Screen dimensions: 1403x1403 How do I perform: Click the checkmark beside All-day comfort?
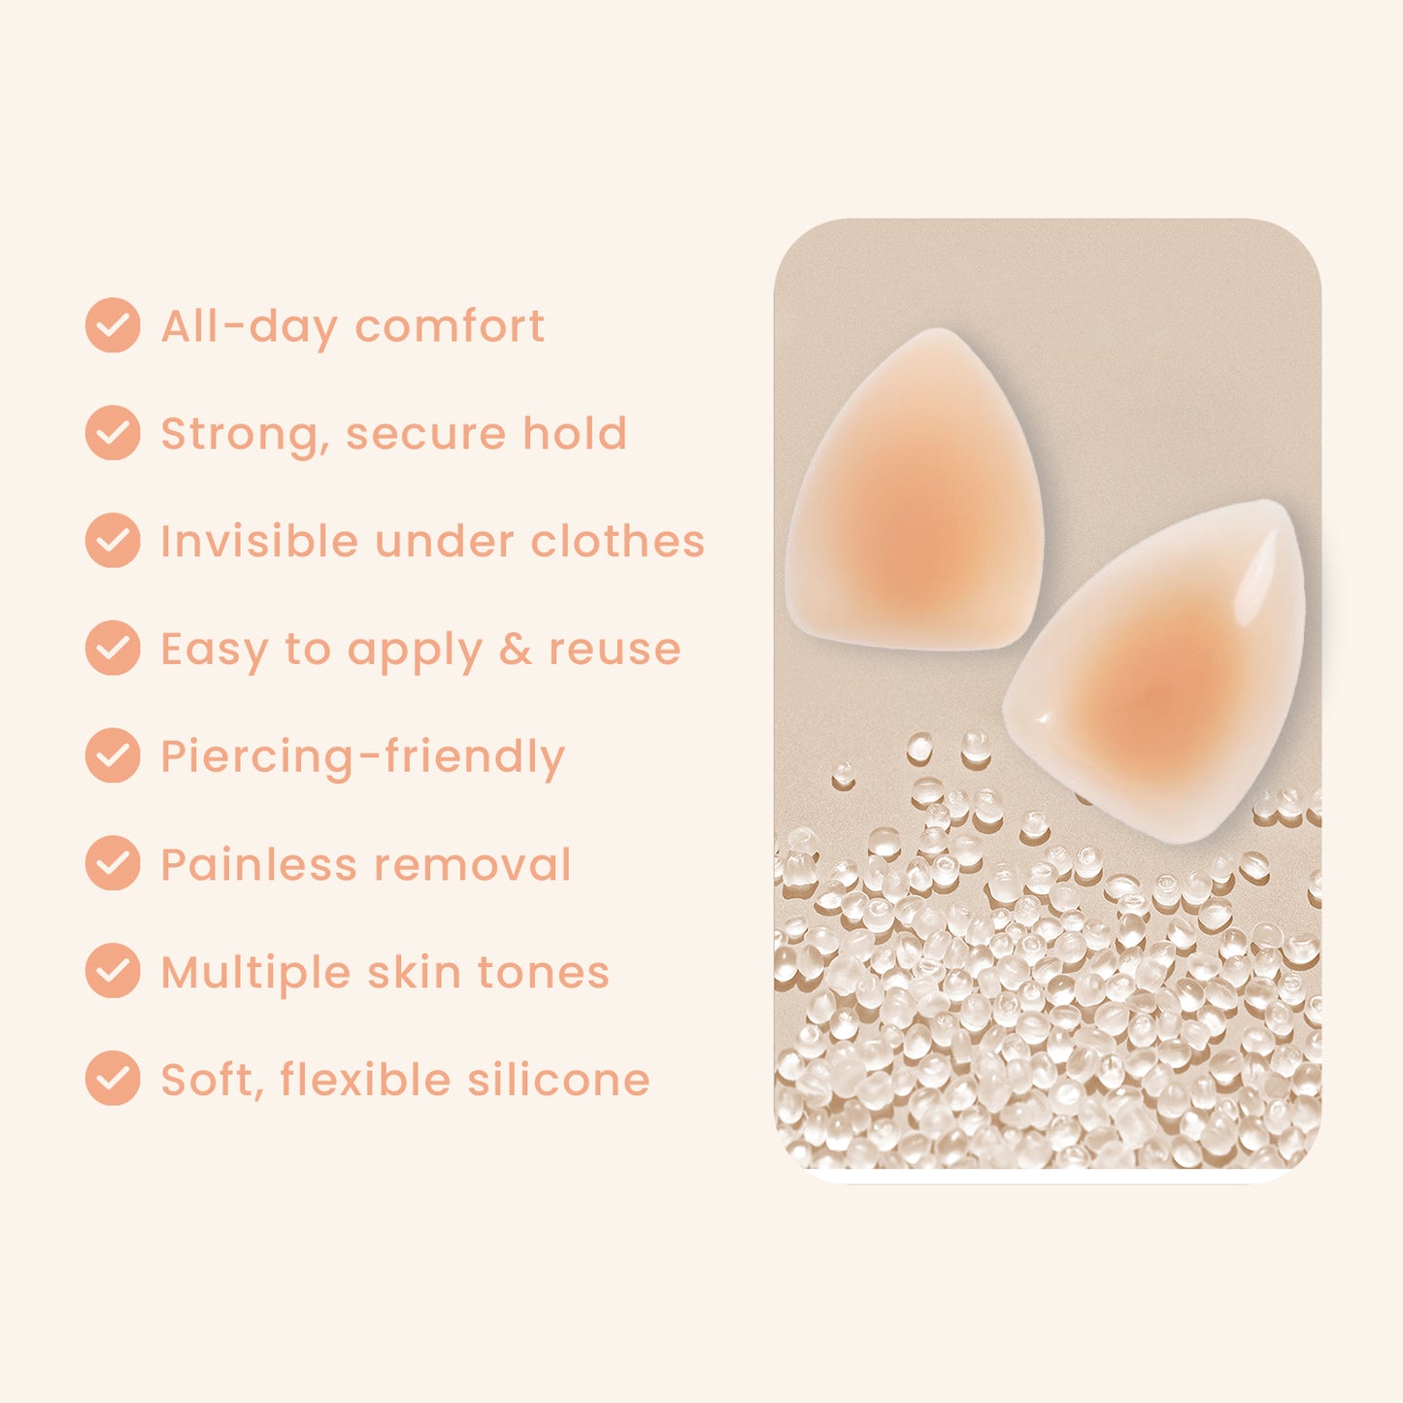pyautogui.click(x=113, y=325)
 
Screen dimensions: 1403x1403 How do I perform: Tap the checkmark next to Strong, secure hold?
pyautogui.click(x=113, y=433)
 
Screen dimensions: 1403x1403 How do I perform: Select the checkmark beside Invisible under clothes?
pyautogui.click(x=113, y=541)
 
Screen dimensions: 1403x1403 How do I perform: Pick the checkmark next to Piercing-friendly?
pyautogui.click(x=113, y=755)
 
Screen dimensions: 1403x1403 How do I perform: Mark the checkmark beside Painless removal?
pyautogui.click(x=113, y=863)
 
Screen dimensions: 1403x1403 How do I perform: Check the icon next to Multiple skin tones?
pyautogui.click(x=113, y=971)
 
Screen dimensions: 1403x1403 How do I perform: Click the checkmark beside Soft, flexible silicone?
pyautogui.click(x=113, y=1079)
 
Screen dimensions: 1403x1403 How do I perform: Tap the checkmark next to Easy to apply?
pyautogui.click(x=113, y=648)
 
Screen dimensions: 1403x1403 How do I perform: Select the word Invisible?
pyautogui.click(x=259, y=541)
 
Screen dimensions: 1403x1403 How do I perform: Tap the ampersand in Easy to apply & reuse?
pyautogui.click(x=516, y=649)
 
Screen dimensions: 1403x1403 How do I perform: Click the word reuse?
pyautogui.click(x=615, y=650)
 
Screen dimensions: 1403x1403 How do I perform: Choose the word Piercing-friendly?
pyautogui.click(x=362, y=757)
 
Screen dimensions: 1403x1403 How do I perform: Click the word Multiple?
pyautogui.click(x=255, y=973)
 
